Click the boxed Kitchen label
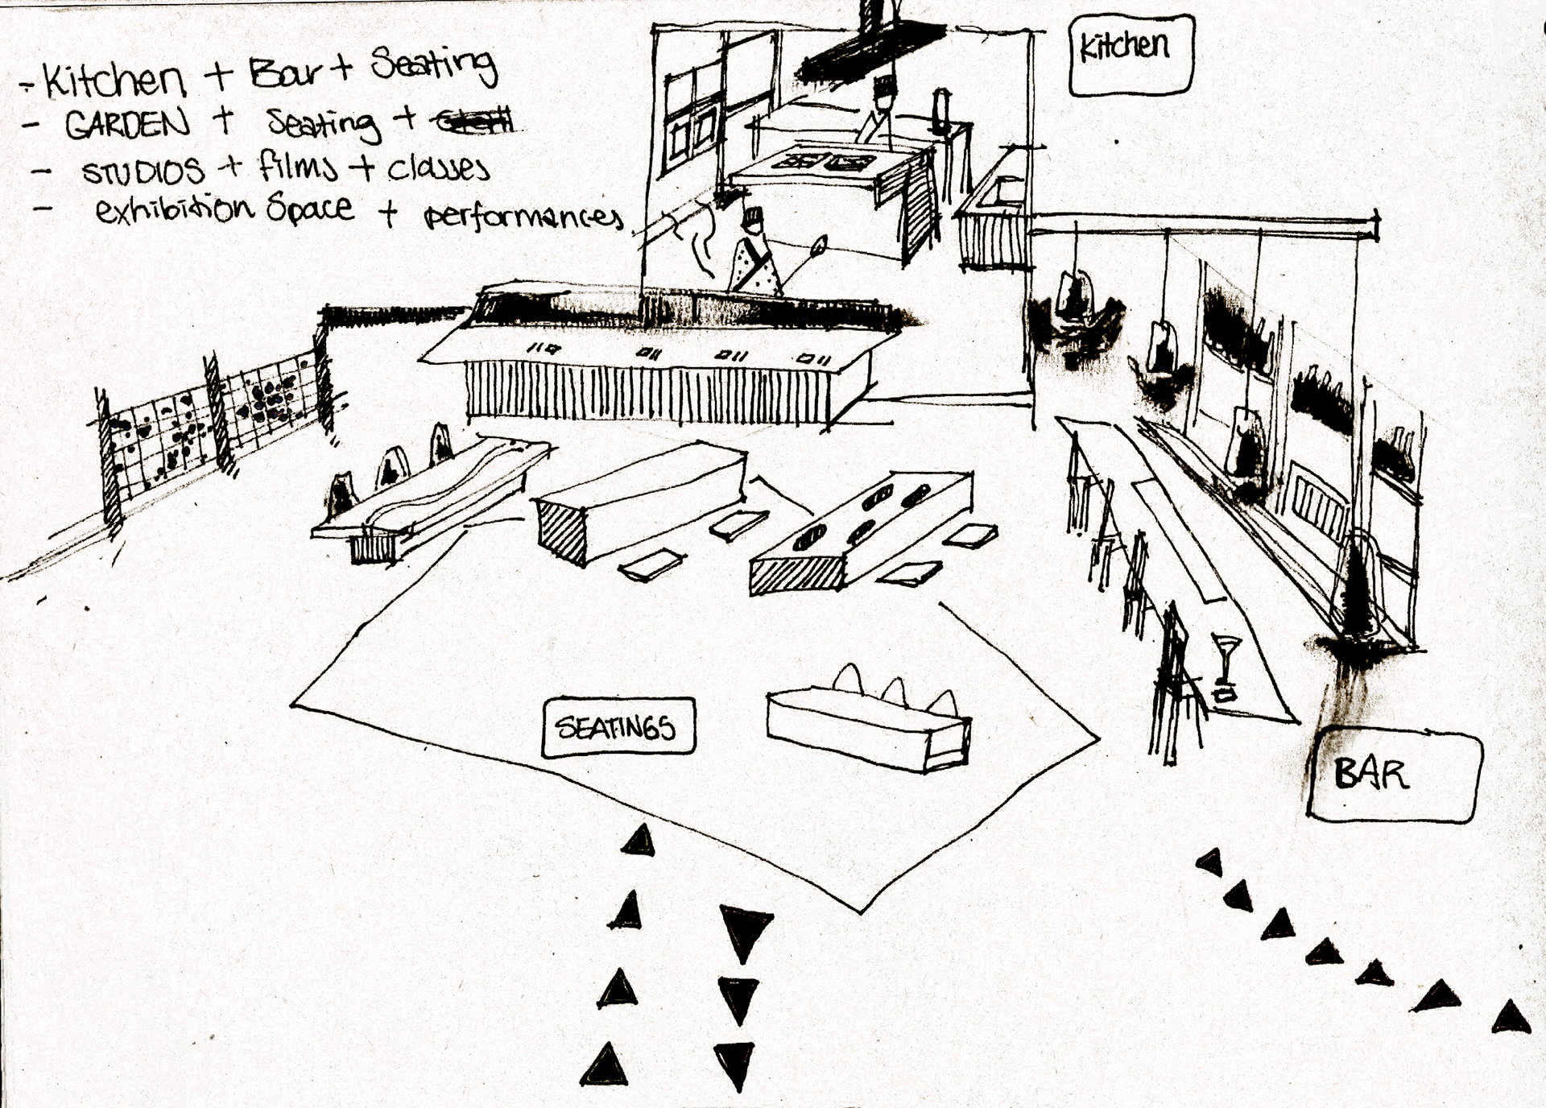coord(1130,54)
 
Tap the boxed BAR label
coord(1394,775)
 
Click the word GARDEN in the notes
coord(127,124)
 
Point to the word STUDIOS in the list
coord(143,171)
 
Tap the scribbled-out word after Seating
coord(474,122)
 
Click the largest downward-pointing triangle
coord(746,930)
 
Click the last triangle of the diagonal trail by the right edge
coord(1511,1018)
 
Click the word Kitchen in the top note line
coord(113,81)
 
